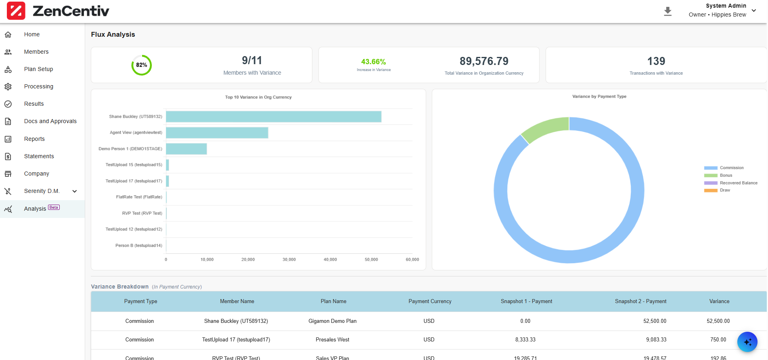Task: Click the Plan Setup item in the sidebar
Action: (38, 69)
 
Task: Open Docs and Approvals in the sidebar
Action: (50, 121)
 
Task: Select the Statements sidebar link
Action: (39, 156)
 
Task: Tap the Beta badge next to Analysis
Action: (54, 207)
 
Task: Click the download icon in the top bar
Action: (668, 11)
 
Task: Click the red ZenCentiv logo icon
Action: (16, 11)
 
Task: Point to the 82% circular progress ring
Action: (141, 65)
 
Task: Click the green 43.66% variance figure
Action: (373, 62)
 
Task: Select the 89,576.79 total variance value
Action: (484, 61)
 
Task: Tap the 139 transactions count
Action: (656, 61)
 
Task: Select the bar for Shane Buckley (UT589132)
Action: (273, 117)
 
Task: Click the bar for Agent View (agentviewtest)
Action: (217, 133)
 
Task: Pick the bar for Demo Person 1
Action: (186, 149)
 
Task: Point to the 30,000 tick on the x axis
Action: (289, 260)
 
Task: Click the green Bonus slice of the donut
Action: (545, 128)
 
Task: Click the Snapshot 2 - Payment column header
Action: (640, 301)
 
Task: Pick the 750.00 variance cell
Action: (718, 340)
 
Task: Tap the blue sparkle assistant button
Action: (747, 342)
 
